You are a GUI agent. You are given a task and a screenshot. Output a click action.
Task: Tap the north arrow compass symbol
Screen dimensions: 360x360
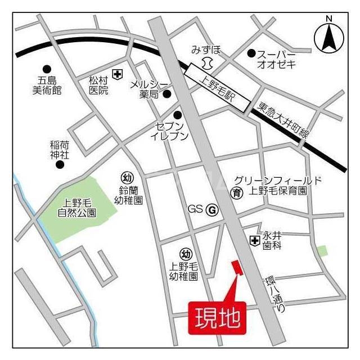coord(328,36)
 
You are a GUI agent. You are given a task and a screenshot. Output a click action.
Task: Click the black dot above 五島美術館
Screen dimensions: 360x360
coord(47,69)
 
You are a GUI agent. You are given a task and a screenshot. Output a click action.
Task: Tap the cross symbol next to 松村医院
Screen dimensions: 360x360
coord(117,74)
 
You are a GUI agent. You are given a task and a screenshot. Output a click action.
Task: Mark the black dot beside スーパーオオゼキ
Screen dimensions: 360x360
coord(251,53)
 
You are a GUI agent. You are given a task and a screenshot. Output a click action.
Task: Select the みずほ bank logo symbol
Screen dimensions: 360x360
coord(208,61)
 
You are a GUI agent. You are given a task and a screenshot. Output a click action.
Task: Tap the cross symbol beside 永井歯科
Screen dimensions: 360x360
coord(255,240)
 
